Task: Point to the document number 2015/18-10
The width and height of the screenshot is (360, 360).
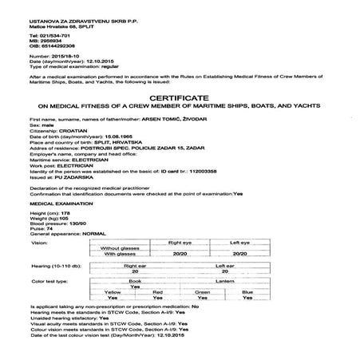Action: point(65,57)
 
